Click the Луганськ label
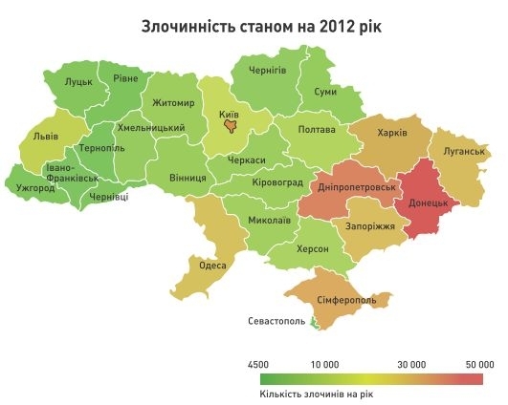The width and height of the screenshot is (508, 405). [x=460, y=152]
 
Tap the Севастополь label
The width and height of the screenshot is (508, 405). [x=276, y=321]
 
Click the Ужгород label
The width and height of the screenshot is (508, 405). [x=34, y=187]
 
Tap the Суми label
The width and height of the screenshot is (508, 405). [x=324, y=92]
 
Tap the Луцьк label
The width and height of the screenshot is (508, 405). [x=78, y=83]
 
